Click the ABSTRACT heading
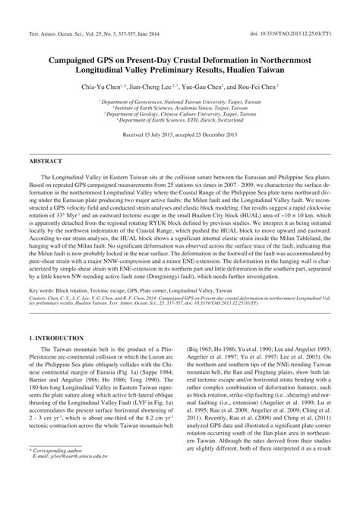[46, 163]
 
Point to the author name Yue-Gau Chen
[205, 88]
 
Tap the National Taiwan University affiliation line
[180, 101]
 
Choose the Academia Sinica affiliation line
[180, 107]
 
